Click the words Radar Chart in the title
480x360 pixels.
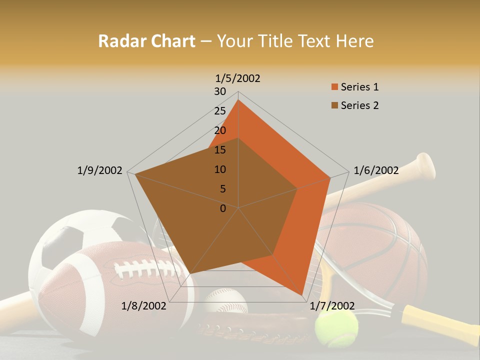[x=146, y=41]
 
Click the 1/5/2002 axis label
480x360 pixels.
[x=238, y=78]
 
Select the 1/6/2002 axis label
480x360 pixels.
[x=376, y=170]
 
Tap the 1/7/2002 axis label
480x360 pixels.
[x=332, y=306]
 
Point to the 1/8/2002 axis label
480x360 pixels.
[x=144, y=306]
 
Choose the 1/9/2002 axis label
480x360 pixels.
[x=99, y=170]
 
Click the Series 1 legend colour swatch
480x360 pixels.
[x=335, y=87]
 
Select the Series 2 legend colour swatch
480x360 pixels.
[x=335, y=105]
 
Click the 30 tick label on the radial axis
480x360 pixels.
[x=220, y=91]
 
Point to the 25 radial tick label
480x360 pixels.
[x=220, y=111]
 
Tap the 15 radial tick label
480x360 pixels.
[x=220, y=150]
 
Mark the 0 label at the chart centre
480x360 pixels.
[x=223, y=208]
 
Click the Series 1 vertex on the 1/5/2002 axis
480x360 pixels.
[x=238, y=100]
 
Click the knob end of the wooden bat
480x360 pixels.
[x=426, y=165]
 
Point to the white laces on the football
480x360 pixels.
[x=147, y=267]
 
